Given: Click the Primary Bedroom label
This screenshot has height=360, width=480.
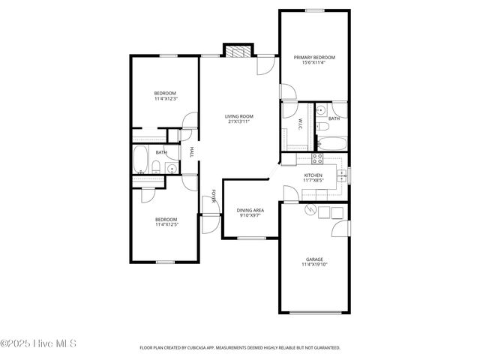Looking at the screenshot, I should click(314, 58).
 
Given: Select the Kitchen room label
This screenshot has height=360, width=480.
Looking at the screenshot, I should click(313, 175).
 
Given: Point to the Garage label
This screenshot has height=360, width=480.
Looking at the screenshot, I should click(313, 259).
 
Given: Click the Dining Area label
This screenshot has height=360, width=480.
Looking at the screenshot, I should click(250, 211).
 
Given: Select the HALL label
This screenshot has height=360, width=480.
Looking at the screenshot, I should click(192, 152).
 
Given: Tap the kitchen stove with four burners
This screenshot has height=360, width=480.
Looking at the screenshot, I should click(316, 158).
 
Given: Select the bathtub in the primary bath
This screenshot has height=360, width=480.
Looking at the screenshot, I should click(330, 142).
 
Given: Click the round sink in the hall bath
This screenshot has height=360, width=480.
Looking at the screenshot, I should click(171, 168).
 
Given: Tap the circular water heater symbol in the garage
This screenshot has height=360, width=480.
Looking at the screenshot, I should click(309, 211).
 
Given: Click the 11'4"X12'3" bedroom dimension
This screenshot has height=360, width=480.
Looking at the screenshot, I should click(165, 99).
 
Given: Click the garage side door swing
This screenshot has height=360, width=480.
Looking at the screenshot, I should click(341, 228).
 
